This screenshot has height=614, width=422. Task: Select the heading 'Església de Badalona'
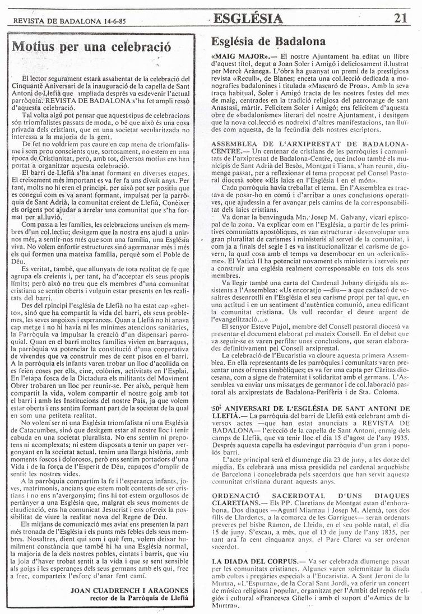pyautogui.click(x=268, y=42)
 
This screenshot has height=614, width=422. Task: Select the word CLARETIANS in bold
pyautogui.click(x=238, y=504)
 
